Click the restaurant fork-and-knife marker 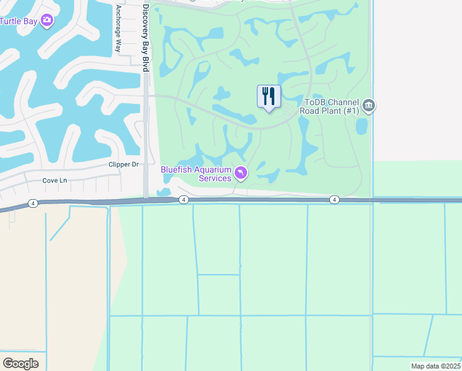(x=269, y=96)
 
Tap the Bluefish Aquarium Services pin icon (x=241, y=173)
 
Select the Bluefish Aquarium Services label (x=196, y=174)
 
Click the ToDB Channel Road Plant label (x=329, y=106)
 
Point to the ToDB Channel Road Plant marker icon (x=369, y=105)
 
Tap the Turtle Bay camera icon (x=47, y=20)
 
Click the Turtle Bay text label (x=19, y=21)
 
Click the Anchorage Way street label (x=118, y=30)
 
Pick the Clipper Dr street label (x=124, y=164)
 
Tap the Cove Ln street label (x=54, y=181)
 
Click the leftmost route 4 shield (x=33, y=203)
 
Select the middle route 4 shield (x=183, y=200)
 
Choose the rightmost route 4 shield (x=334, y=200)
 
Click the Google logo (x=20, y=363)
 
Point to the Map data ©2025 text (x=435, y=366)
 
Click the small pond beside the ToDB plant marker (x=361, y=126)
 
